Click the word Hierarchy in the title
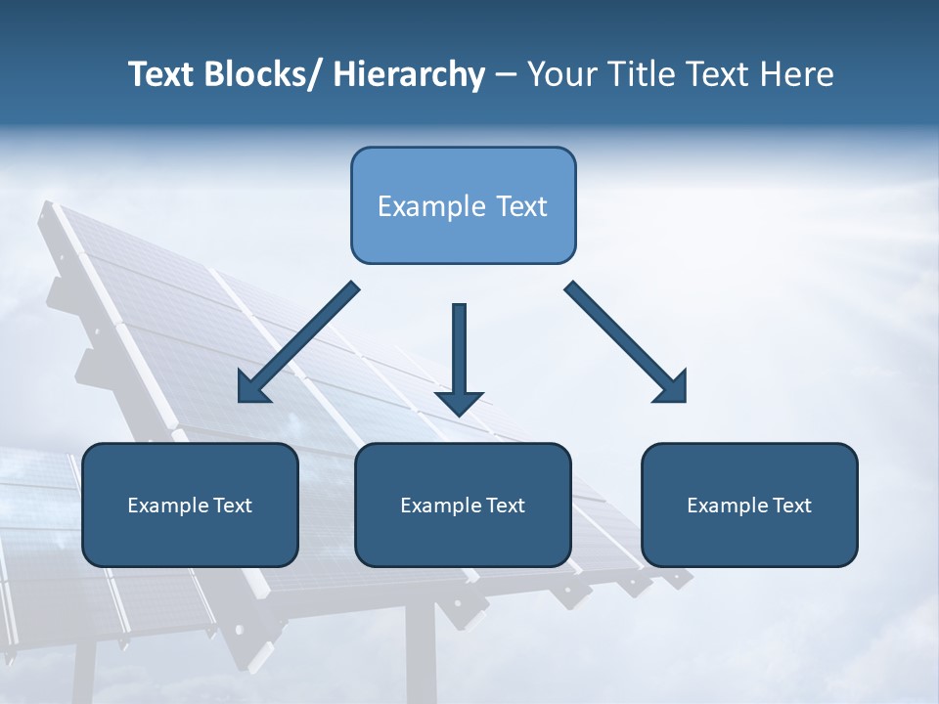click(409, 75)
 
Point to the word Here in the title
click(797, 75)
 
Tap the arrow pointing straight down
click(459, 352)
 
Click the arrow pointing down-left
click(298, 342)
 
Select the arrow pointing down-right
click(626, 342)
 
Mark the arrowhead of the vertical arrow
click(459, 402)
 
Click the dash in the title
click(506, 75)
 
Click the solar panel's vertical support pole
click(421, 655)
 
